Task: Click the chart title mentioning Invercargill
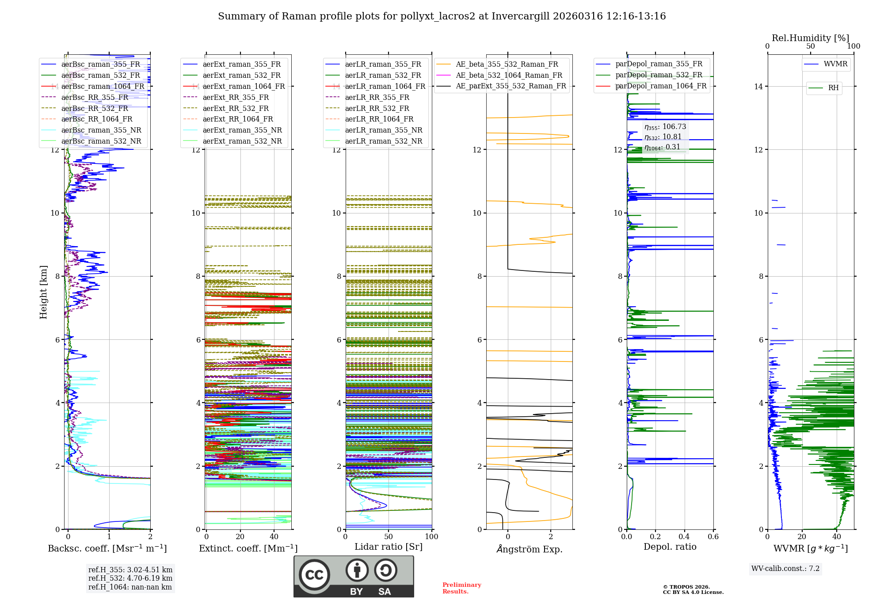pyautogui.click(x=442, y=16)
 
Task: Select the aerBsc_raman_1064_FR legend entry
pyautogui.click(x=103, y=86)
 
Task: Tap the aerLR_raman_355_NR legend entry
pyautogui.click(x=383, y=130)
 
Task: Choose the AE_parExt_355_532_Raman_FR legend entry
pyautogui.click(x=511, y=86)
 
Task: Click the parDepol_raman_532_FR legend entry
pyautogui.click(x=659, y=75)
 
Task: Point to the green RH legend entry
pyautogui.click(x=833, y=88)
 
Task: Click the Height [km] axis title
pyautogui.click(x=43, y=292)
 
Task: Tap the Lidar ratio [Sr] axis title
pyautogui.click(x=389, y=547)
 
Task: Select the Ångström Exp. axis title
pyautogui.click(x=530, y=549)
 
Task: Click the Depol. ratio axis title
pyautogui.click(x=670, y=547)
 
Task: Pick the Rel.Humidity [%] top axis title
pyautogui.click(x=810, y=38)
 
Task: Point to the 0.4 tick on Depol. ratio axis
pyautogui.click(x=684, y=536)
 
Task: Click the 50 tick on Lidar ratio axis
pyautogui.click(x=389, y=536)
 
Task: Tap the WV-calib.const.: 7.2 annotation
pyautogui.click(x=785, y=568)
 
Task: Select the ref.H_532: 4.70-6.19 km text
pyautogui.click(x=130, y=578)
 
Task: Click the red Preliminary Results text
pyautogui.click(x=461, y=588)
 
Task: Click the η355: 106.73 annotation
pyautogui.click(x=665, y=127)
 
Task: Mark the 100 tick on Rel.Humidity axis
pyautogui.click(x=854, y=46)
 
